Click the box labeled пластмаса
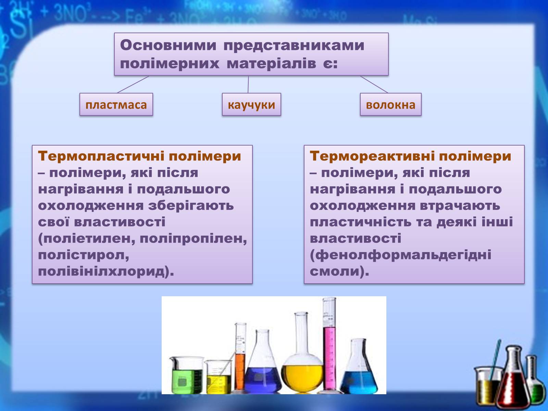click(x=116, y=104)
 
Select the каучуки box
click(x=251, y=104)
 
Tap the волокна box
click(x=390, y=104)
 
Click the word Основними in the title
click(x=168, y=46)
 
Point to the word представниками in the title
click(x=294, y=46)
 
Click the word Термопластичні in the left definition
click(x=101, y=156)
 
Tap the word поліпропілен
click(x=193, y=239)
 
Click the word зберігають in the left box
click(x=191, y=206)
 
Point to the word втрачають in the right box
click(x=460, y=206)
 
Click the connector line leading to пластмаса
click(x=133, y=84)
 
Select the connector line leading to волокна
click(x=374, y=84)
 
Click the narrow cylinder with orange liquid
click(x=240, y=358)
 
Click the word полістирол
click(x=84, y=255)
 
